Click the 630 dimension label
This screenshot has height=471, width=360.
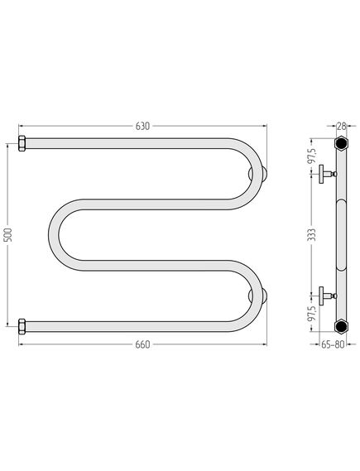(142, 126)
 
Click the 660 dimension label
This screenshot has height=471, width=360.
(142, 344)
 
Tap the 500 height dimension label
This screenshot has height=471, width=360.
(9, 235)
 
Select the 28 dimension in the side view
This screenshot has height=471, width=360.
(341, 126)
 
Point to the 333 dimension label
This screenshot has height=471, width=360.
(313, 234)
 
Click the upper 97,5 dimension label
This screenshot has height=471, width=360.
(313, 156)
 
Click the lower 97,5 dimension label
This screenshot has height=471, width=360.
(313, 314)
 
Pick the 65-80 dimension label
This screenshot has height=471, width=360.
(333, 344)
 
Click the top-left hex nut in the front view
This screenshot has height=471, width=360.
(22, 143)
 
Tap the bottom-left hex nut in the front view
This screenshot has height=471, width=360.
(22, 326)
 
